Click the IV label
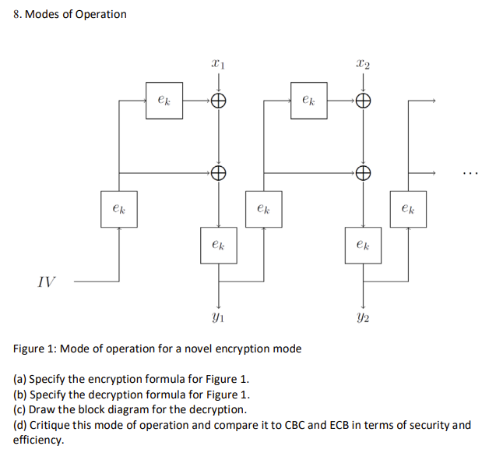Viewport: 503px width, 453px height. [47, 281]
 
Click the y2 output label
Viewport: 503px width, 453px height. [362, 317]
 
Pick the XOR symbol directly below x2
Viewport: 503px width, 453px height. [362, 101]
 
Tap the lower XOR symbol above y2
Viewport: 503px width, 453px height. [362, 173]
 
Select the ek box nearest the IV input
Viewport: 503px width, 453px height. [119, 209]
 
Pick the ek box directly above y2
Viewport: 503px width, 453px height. [362, 245]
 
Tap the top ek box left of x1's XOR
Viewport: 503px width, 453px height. [164, 101]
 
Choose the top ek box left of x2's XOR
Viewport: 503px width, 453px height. [308, 101]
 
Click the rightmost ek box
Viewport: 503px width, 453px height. [408, 209]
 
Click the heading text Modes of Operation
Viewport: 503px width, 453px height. [76, 14]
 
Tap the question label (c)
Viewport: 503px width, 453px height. [21, 410]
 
